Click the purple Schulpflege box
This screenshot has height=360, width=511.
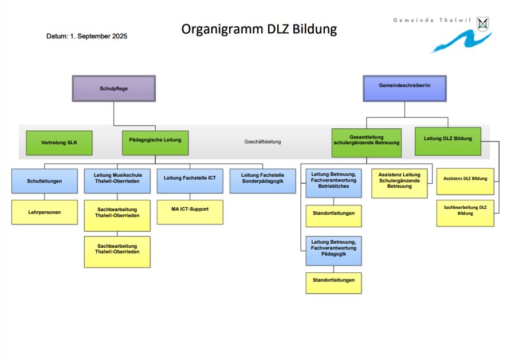point(113,89)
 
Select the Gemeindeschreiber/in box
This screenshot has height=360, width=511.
point(404,89)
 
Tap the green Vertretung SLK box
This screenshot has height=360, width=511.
point(59,143)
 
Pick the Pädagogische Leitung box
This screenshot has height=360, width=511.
point(155,143)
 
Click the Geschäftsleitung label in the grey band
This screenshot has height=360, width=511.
point(263,141)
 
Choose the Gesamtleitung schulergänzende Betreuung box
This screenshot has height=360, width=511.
point(366,143)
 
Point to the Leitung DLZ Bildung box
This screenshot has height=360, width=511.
point(447,141)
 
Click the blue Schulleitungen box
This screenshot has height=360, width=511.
point(44,180)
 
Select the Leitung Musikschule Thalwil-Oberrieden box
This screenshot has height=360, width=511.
point(117,180)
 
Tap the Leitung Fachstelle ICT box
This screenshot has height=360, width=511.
point(190,180)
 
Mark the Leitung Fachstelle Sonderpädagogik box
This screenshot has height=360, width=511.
point(262,180)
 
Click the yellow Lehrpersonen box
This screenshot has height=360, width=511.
point(44,212)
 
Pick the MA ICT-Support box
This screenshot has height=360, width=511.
point(190,212)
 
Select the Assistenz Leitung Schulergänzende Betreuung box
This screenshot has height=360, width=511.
point(399,183)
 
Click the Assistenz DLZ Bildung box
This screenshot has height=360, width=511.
point(465,181)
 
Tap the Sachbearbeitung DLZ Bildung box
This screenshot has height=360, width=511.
point(465,212)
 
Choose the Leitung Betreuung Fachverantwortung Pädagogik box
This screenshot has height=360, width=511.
point(333,251)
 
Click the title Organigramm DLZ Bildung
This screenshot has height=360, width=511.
point(259,29)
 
